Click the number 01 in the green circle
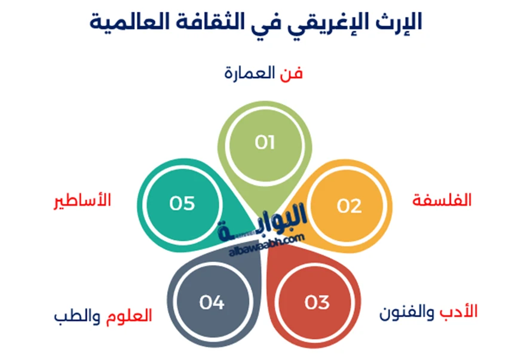(264, 143)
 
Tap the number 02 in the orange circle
(350, 205)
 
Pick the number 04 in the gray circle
(212, 303)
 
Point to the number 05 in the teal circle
(182, 203)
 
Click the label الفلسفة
(442, 201)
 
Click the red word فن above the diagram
(292, 73)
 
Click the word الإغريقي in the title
(332, 22)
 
